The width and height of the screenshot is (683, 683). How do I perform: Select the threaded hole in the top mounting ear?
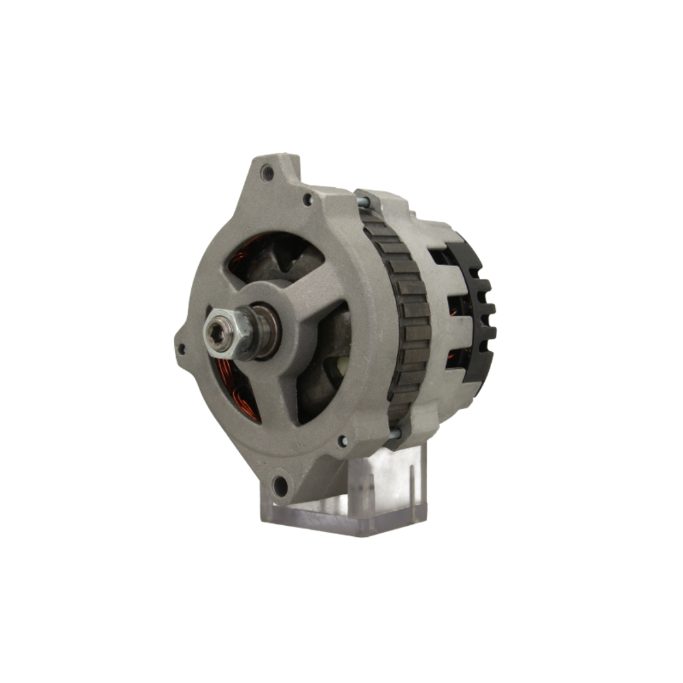(x=267, y=173)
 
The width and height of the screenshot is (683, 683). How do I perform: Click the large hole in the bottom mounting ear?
(x=279, y=486)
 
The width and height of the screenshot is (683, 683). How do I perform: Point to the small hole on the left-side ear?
(x=181, y=348)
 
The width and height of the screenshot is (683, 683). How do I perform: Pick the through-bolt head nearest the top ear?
(x=307, y=199)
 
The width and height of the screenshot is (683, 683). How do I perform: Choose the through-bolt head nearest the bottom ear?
(x=342, y=441)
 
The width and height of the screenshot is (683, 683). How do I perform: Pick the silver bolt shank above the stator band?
(x=362, y=201)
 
